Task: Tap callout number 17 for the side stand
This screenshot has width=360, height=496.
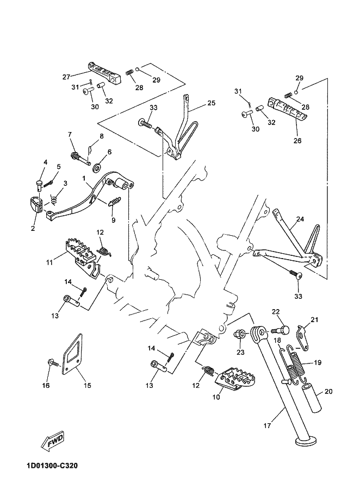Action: pyautogui.click(x=266, y=426)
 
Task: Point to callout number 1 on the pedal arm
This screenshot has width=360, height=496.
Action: pyautogui.click(x=84, y=178)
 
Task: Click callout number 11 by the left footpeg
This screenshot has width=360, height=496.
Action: pyautogui.click(x=49, y=262)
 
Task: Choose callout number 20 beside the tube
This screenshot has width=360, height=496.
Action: pyautogui.click(x=328, y=391)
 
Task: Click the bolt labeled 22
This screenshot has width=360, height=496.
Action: pyautogui.click(x=284, y=330)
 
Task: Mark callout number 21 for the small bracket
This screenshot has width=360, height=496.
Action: pyautogui.click(x=314, y=319)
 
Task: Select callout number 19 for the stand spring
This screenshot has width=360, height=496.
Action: pyautogui.click(x=318, y=362)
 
